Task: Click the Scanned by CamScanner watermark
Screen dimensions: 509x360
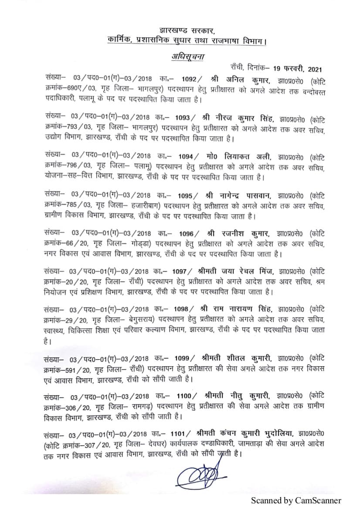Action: [x=295, y=500]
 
